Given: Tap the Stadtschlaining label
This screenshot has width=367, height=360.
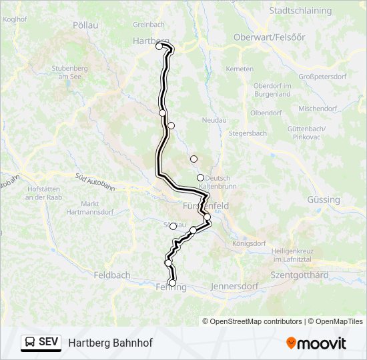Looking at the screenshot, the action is (x=300, y=11).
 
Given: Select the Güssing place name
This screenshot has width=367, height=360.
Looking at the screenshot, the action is (x=324, y=199).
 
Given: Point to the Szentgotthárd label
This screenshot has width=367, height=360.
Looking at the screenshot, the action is (x=299, y=275).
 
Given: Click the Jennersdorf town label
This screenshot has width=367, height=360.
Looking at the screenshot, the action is (x=235, y=287).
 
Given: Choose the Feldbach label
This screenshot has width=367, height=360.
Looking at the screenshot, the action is (x=111, y=275).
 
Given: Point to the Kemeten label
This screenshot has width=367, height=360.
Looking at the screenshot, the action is (x=240, y=69).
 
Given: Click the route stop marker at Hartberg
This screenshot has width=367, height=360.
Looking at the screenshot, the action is (x=159, y=46).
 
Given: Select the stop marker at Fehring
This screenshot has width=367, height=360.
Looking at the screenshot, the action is (x=173, y=283).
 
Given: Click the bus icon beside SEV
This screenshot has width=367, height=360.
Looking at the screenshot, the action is (x=31, y=343).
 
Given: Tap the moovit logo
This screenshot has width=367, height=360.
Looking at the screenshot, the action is (x=316, y=343).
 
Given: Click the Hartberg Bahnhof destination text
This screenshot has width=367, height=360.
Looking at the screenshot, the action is (x=110, y=343).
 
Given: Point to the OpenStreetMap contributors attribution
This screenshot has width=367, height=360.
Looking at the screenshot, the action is (x=256, y=321).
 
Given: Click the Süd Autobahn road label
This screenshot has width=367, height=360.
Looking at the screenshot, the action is (x=93, y=178).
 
